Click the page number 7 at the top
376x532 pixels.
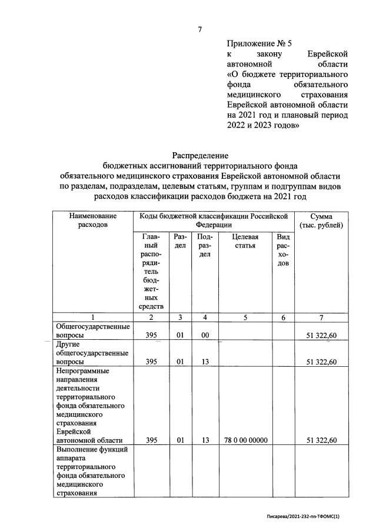coord(199,29)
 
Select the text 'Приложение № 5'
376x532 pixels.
coord(259,43)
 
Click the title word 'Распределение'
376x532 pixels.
coord(199,155)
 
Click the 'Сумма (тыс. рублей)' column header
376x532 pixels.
coord(321,221)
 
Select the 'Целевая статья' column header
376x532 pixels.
coord(245,241)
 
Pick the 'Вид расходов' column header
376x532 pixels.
coord(283,250)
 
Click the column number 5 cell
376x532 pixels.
coord(245,317)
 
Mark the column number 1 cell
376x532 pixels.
coord(92,317)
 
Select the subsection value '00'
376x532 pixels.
coord(205,335)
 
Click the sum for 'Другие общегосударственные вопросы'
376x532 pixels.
coord(321,362)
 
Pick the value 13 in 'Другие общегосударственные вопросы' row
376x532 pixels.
coord(205,362)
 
